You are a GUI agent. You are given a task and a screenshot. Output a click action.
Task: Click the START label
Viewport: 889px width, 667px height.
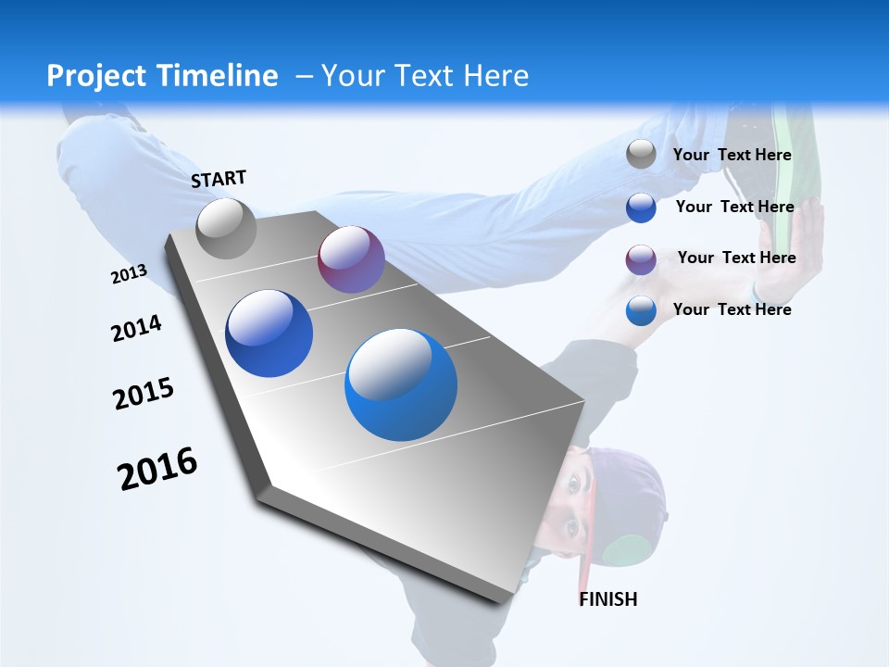point(219,179)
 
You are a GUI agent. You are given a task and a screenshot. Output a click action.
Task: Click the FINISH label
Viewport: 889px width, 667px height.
point(607,599)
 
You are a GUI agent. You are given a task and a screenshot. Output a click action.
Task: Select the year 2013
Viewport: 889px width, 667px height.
point(129,274)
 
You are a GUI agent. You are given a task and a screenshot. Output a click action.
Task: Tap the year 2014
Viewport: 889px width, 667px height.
point(136,329)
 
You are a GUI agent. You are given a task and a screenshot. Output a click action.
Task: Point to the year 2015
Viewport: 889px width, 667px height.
point(144,394)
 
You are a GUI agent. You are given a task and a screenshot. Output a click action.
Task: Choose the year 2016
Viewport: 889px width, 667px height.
point(157,469)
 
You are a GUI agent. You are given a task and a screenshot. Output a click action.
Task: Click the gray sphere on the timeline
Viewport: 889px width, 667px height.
point(226,228)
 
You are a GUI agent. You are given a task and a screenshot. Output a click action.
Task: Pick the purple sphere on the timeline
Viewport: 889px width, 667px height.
point(351,259)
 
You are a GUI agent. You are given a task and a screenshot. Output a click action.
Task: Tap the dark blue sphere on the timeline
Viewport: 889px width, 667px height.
point(269,333)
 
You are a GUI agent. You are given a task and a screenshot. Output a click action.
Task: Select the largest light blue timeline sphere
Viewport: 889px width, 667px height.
point(401,384)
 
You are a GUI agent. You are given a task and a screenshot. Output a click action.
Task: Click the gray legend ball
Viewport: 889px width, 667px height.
point(641,155)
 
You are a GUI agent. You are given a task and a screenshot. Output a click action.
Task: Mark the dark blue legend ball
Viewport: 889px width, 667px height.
point(641,208)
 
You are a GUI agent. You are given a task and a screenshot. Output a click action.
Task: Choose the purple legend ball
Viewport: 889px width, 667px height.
point(641,259)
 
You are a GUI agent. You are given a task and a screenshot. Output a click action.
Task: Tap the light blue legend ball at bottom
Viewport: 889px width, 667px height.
point(641,310)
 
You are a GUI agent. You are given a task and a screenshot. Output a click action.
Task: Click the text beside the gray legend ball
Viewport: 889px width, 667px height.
point(732,155)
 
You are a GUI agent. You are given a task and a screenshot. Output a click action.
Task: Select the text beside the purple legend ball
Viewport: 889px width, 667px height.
point(736,258)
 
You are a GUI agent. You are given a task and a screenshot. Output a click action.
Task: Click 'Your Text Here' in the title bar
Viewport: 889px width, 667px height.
point(425,76)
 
